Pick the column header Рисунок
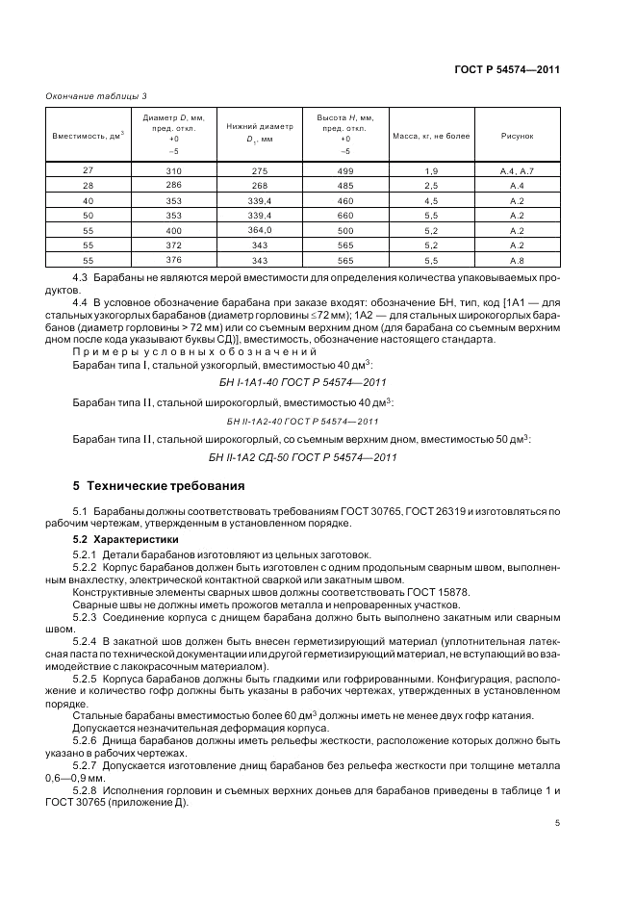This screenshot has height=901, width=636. pyautogui.click(x=516, y=136)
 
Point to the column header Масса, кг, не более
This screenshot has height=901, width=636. pyautogui.click(x=430, y=136)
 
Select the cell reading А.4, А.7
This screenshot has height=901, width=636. pyautogui.click(x=516, y=170)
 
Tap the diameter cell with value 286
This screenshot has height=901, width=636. pyautogui.click(x=173, y=184)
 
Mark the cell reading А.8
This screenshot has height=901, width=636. pyautogui.click(x=516, y=261)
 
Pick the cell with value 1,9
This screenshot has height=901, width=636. pyautogui.click(x=430, y=170)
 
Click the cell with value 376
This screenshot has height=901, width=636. pyautogui.click(x=173, y=261)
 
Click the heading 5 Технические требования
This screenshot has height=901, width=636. pyautogui.click(x=159, y=485)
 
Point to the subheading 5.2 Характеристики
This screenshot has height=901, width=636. pyautogui.click(x=114, y=539)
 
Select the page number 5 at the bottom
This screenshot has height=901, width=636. pyautogui.click(x=557, y=823)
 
